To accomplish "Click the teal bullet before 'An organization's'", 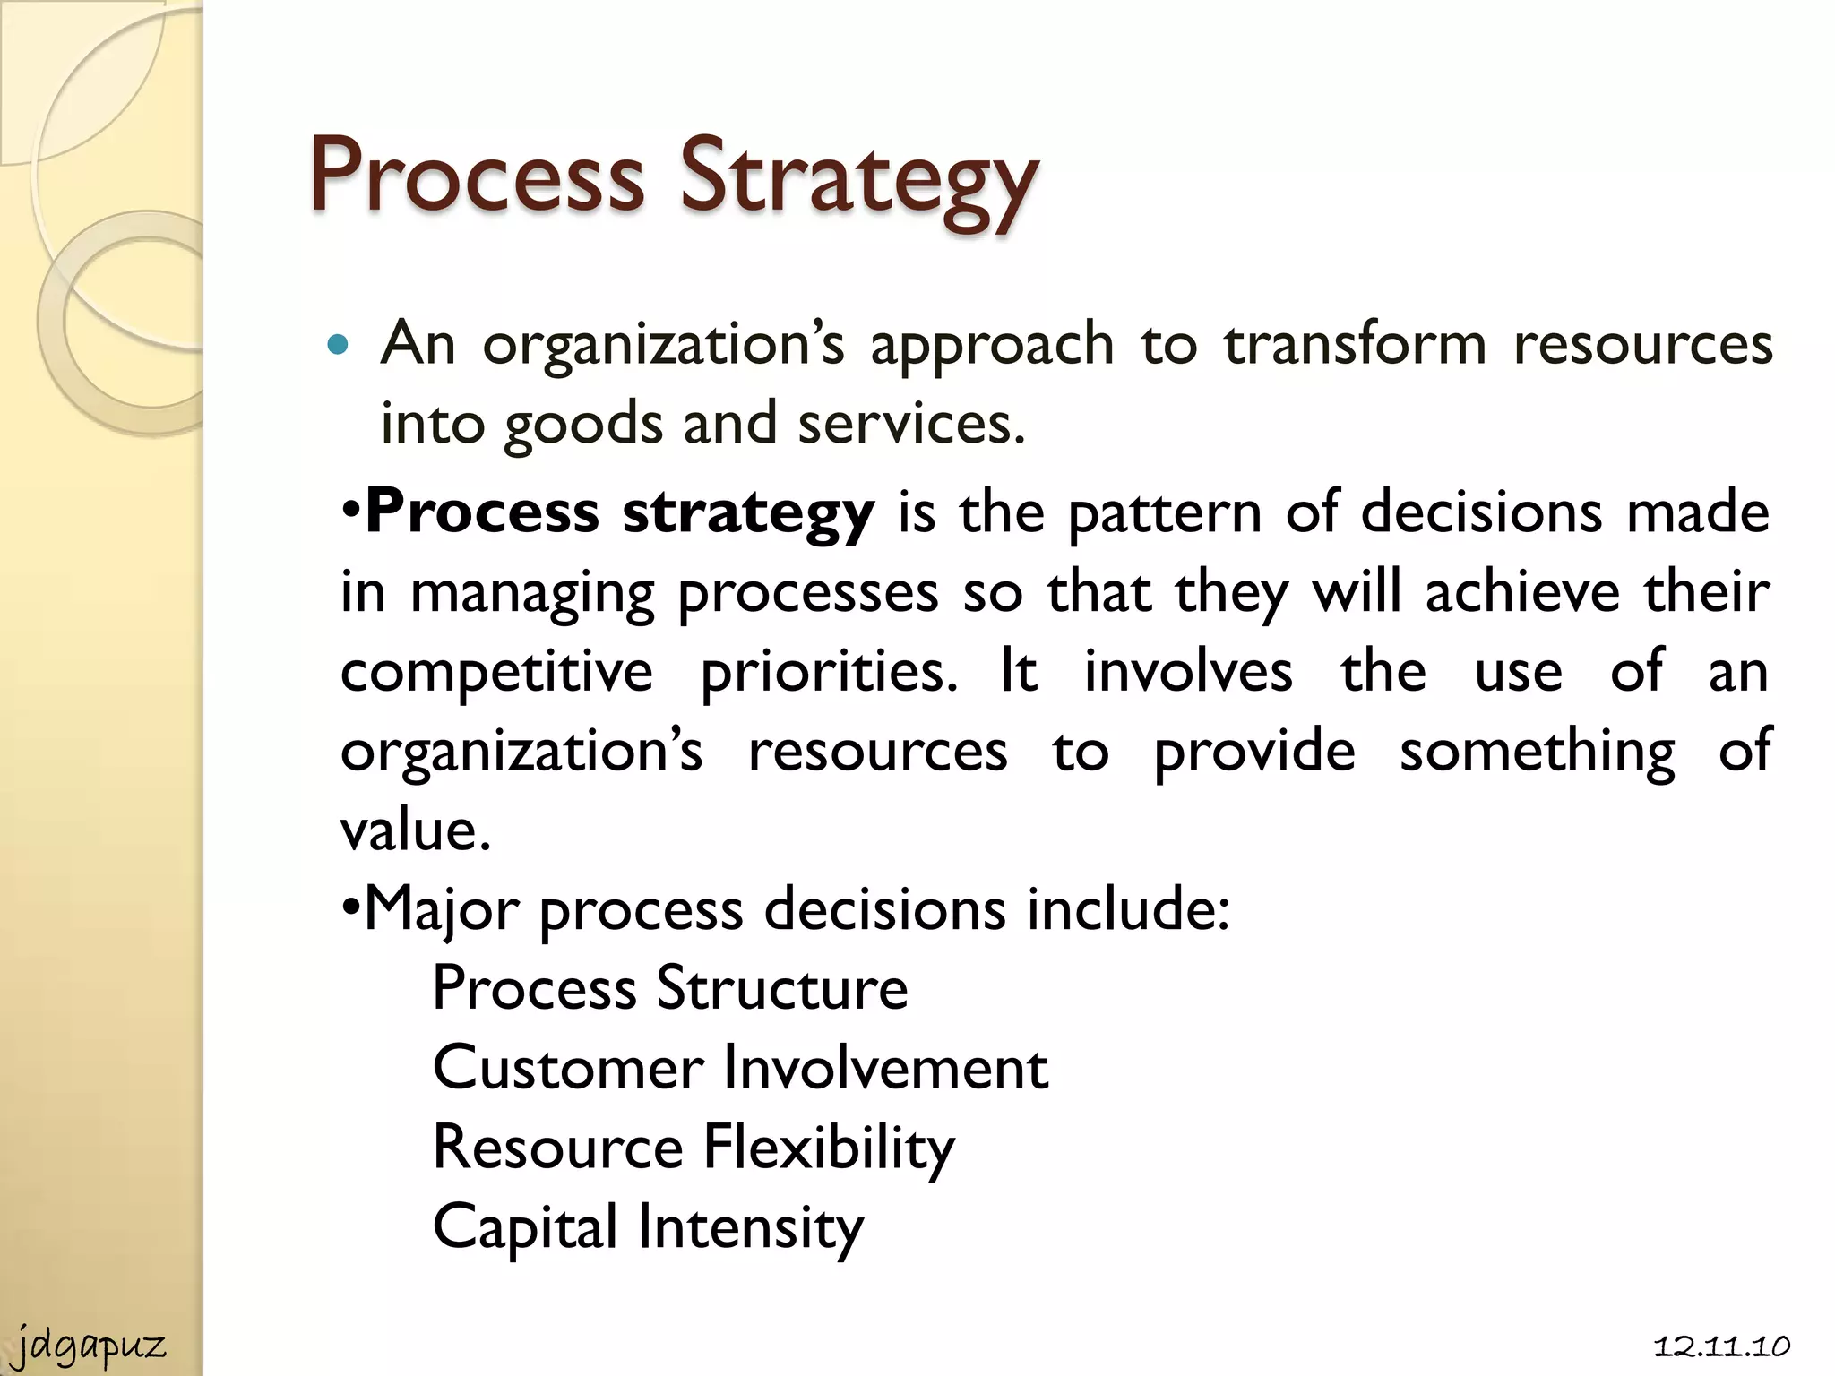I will click(x=337, y=345).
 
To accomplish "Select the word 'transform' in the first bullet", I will click(x=1356, y=344).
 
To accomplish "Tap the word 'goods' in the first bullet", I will click(x=583, y=424).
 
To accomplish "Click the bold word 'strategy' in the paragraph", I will click(x=748, y=513).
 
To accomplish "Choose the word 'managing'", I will click(x=532, y=594).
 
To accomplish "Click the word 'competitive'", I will click(x=496, y=672).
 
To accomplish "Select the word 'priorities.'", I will click(x=829, y=672).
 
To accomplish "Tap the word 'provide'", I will click(x=1254, y=751).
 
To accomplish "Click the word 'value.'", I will click(x=416, y=830).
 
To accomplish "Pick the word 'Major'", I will click(x=442, y=910).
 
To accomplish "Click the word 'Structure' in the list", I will click(x=781, y=988).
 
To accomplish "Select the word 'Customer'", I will click(x=568, y=1068).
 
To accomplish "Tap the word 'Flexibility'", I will click(x=829, y=1148).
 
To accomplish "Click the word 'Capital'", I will click(x=525, y=1226).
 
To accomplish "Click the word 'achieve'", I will click(x=1522, y=593).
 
